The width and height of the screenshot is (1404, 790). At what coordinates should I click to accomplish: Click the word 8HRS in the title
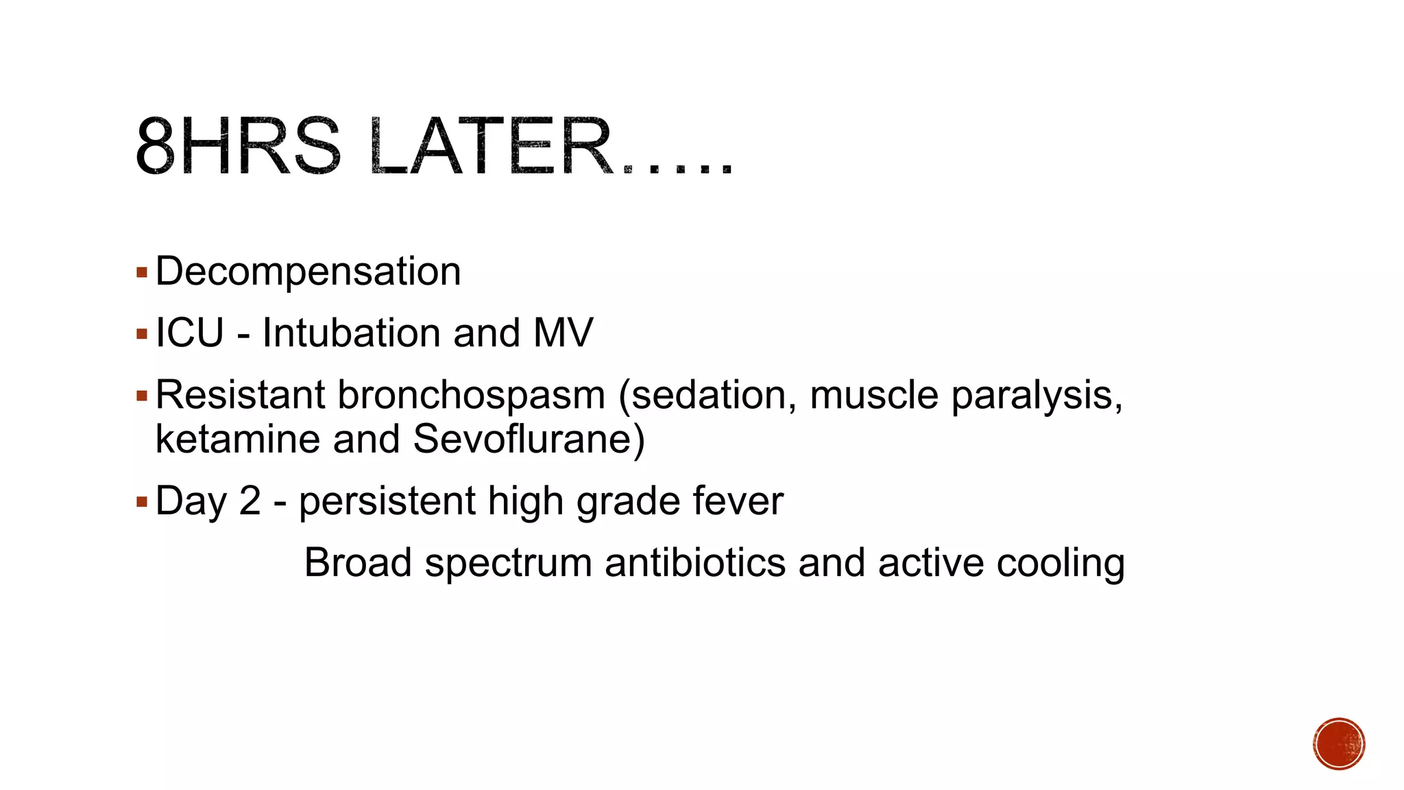237,147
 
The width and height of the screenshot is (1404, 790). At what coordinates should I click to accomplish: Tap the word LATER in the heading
491,147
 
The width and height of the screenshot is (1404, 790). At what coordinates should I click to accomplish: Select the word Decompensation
308,272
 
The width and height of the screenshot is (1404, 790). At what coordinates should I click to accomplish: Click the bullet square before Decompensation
142,273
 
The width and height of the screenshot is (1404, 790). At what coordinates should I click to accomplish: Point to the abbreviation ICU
190,333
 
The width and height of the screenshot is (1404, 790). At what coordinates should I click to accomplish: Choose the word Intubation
352,333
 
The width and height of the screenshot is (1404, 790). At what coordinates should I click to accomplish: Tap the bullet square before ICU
142,335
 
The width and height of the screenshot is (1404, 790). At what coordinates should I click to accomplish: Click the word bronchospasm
471,396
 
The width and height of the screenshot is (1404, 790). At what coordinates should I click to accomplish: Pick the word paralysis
1037,396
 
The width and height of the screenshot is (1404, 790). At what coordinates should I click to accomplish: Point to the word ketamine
237,439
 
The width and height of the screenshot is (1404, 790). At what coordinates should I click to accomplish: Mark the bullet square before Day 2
142,502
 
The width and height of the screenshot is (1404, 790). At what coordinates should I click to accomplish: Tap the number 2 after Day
250,501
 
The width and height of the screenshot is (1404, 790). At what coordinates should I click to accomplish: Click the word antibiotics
694,563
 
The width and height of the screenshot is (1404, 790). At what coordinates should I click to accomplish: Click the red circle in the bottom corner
1339,744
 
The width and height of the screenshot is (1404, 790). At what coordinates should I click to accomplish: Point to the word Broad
358,563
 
